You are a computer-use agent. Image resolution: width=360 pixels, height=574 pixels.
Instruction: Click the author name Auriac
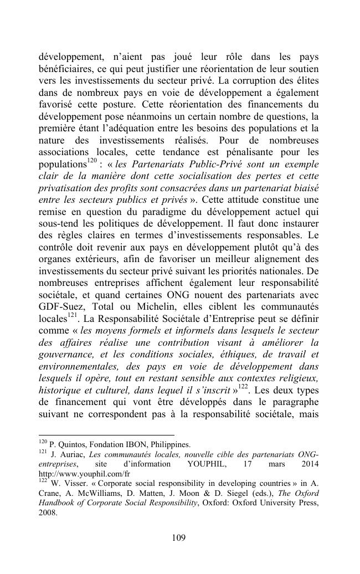73,454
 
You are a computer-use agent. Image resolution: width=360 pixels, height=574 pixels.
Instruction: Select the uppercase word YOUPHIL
208,464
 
